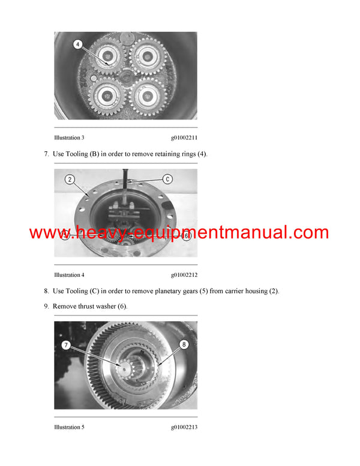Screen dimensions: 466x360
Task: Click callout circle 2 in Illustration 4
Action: pyautogui.click(x=70, y=180)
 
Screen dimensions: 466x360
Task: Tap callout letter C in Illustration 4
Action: pyautogui.click(x=167, y=178)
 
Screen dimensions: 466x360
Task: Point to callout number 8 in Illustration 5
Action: pyautogui.click(x=183, y=344)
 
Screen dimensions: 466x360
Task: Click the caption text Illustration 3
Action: pyautogui.click(x=69, y=138)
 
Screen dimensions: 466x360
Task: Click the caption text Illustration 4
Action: pyautogui.click(x=69, y=275)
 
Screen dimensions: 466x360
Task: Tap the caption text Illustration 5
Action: pyautogui.click(x=69, y=427)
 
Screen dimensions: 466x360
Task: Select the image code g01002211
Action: pyautogui.click(x=184, y=138)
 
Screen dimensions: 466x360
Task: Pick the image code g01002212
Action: pyautogui.click(x=184, y=275)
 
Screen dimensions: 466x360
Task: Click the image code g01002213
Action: pyautogui.click(x=184, y=427)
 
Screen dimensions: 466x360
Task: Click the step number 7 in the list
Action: pyautogui.click(x=46, y=154)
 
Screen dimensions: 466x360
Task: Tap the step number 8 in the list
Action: pyautogui.click(x=46, y=291)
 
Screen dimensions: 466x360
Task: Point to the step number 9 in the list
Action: pyautogui.click(x=46, y=306)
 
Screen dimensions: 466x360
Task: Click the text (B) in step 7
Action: pyautogui.click(x=94, y=154)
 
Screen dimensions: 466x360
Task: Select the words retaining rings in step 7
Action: pyautogui.click(x=174, y=154)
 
